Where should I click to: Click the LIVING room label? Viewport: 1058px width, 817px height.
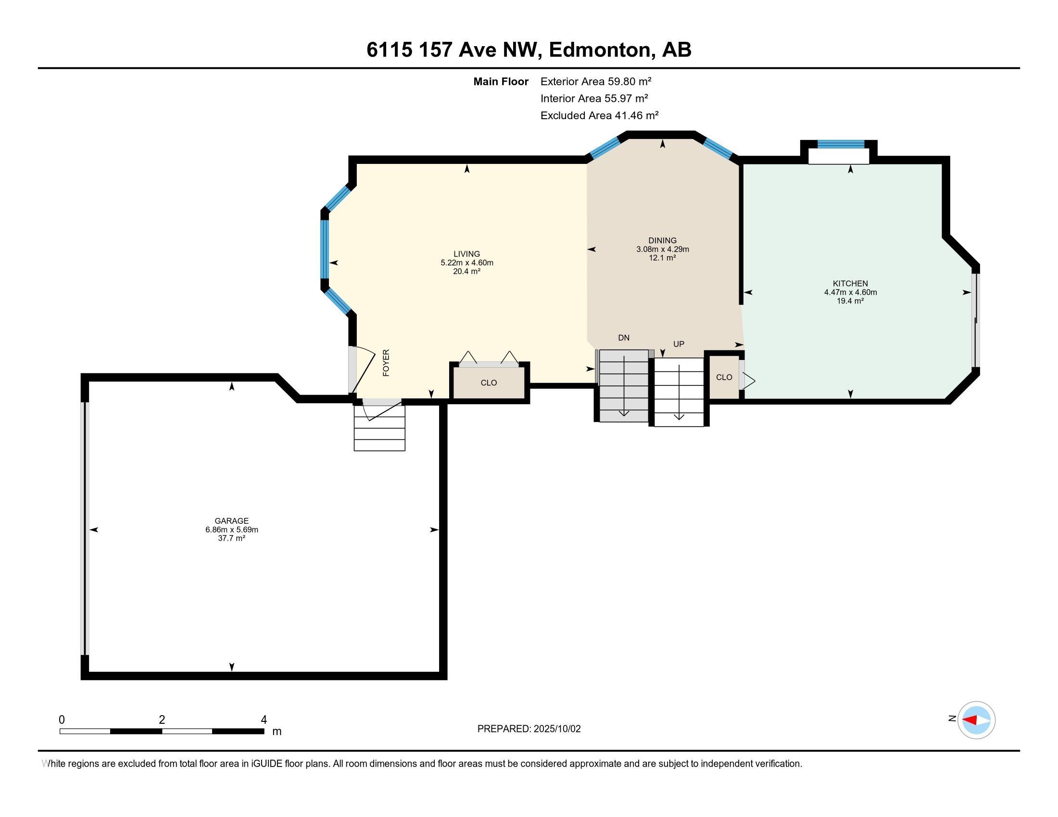(x=466, y=254)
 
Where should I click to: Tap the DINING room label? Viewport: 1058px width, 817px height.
(x=662, y=241)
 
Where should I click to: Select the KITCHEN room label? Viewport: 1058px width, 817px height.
(x=850, y=284)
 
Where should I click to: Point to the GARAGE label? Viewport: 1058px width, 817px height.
(x=232, y=521)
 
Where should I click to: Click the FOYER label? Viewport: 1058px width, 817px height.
(x=386, y=362)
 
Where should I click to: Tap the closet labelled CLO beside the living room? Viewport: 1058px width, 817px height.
(x=489, y=383)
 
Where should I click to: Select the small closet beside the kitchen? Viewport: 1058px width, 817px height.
(x=724, y=378)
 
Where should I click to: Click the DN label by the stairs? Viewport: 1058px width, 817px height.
(x=623, y=338)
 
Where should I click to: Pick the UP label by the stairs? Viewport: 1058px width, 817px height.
(x=679, y=344)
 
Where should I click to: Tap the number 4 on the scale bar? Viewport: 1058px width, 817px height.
(x=264, y=720)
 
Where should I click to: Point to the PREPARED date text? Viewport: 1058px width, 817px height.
(x=529, y=729)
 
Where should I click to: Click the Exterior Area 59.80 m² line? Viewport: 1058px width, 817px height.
(x=596, y=81)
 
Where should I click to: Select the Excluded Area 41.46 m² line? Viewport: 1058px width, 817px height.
(x=599, y=115)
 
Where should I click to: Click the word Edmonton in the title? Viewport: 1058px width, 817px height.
(x=600, y=50)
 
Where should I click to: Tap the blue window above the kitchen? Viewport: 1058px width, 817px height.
(x=841, y=144)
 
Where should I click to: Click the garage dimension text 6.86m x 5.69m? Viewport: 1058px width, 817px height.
(x=232, y=530)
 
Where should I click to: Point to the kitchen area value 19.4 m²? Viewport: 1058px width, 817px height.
(x=850, y=300)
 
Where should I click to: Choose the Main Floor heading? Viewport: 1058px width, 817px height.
(x=501, y=81)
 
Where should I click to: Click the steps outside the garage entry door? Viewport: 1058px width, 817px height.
(x=379, y=428)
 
